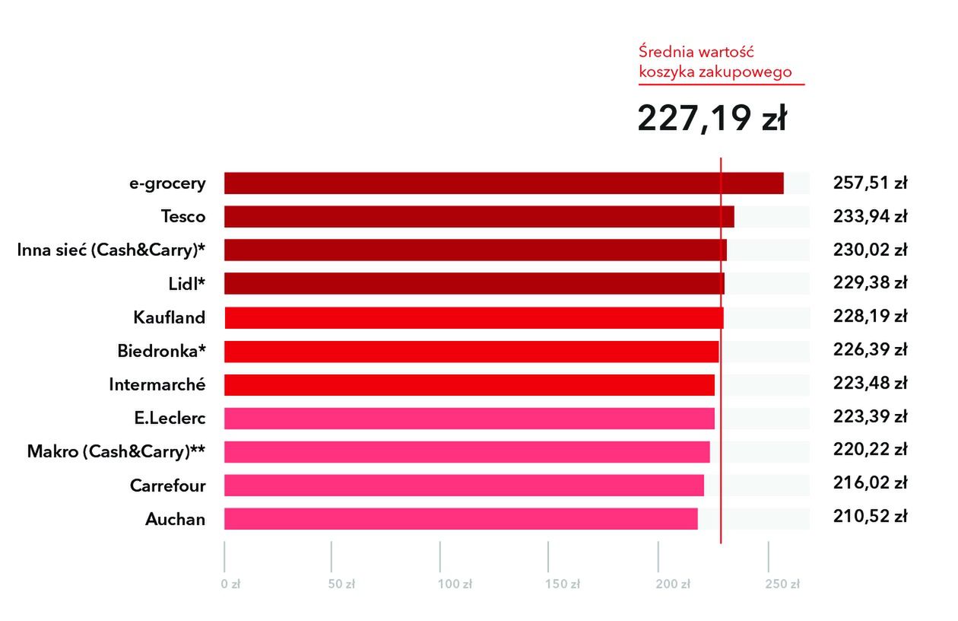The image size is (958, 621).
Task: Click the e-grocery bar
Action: pyautogui.click(x=503, y=183)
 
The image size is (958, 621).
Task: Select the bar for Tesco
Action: pyautogui.click(x=479, y=217)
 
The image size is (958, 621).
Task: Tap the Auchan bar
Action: pyautogui.click(x=461, y=519)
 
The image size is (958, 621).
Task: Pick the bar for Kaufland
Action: pyautogui.click(x=474, y=317)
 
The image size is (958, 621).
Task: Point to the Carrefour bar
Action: pyautogui.click(x=464, y=486)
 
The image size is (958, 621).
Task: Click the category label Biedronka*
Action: pyautogui.click(x=161, y=352)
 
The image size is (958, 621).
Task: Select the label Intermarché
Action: pyautogui.click(x=157, y=384)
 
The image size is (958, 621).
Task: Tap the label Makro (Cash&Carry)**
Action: pyautogui.click(x=116, y=451)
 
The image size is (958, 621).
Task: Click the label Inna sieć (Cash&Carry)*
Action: pyautogui.click(x=111, y=250)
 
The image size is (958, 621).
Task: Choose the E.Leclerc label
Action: pyautogui.click(x=169, y=418)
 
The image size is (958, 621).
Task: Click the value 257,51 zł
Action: pyautogui.click(x=871, y=183)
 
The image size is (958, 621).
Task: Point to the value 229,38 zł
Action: pyautogui.click(x=871, y=283)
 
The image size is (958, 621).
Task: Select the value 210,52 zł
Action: pyautogui.click(x=871, y=517)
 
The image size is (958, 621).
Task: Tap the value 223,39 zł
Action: pyautogui.click(x=871, y=417)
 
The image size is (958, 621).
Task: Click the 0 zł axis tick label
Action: pyautogui.click(x=230, y=584)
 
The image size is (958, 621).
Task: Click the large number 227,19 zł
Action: pyautogui.click(x=712, y=118)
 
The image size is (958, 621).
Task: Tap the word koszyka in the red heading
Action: pyautogui.click(x=667, y=72)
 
